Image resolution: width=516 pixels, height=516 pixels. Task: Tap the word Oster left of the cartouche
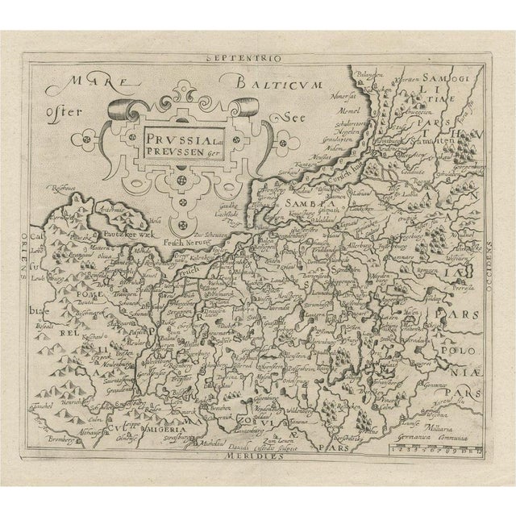65,111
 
